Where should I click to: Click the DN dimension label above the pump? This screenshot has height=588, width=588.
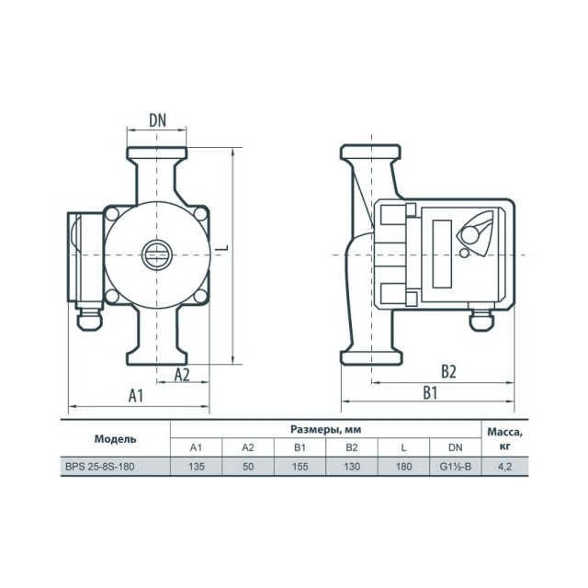(x=157, y=120)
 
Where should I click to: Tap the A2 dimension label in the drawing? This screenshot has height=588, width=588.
(x=182, y=374)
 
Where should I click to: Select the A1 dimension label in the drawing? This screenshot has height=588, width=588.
(x=136, y=395)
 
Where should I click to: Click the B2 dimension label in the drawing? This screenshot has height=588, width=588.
(x=448, y=371)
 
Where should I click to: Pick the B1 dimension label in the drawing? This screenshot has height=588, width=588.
(x=430, y=392)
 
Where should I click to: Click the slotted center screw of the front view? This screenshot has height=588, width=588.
(x=157, y=255)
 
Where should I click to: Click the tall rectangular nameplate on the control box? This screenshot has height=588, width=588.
(x=442, y=254)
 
